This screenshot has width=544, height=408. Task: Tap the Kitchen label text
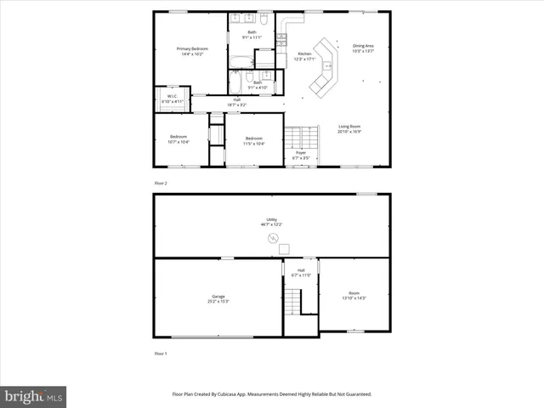coord(304,54)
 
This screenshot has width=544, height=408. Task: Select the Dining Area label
coord(363,46)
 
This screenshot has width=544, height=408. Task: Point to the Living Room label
coord(348,127)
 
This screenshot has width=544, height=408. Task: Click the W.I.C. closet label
coord(172,96)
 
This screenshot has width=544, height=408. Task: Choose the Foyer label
coord(301,152)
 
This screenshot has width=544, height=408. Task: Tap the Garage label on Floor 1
coord(218,297)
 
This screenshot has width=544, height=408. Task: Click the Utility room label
coord(272,220)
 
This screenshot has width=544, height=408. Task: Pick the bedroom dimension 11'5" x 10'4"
coord(254,143)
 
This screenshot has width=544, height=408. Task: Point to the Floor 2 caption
coord(161,184)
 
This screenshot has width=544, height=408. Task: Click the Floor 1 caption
coord(161,353)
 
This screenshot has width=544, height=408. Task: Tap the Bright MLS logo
coord(34,397)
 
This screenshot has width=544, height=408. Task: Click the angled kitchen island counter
coord(325,79)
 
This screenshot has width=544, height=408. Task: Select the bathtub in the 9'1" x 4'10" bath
coord(235,82)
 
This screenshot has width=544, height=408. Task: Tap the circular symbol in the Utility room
coord(273,239)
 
